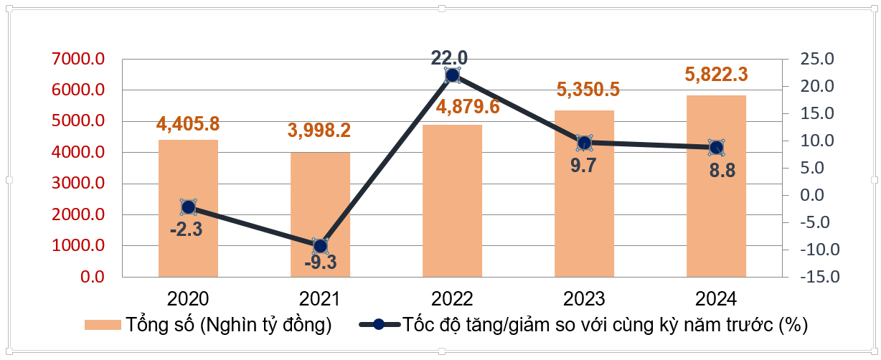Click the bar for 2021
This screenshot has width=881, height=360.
coord(320,215)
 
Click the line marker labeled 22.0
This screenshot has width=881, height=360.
coord(452,75)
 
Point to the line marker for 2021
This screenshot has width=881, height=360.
coord(320,246)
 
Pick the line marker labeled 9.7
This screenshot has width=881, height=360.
coord(584,142)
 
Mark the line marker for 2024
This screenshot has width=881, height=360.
coord(716,147)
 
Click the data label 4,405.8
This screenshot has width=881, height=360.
coord(188,124)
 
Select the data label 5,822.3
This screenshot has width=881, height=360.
coord(716,75)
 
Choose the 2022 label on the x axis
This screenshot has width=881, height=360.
coord(452,298)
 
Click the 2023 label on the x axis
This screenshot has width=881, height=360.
coord(584,298)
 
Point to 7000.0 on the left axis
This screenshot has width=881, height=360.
coord(78,60)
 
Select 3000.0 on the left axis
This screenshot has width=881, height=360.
coord(78,184)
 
